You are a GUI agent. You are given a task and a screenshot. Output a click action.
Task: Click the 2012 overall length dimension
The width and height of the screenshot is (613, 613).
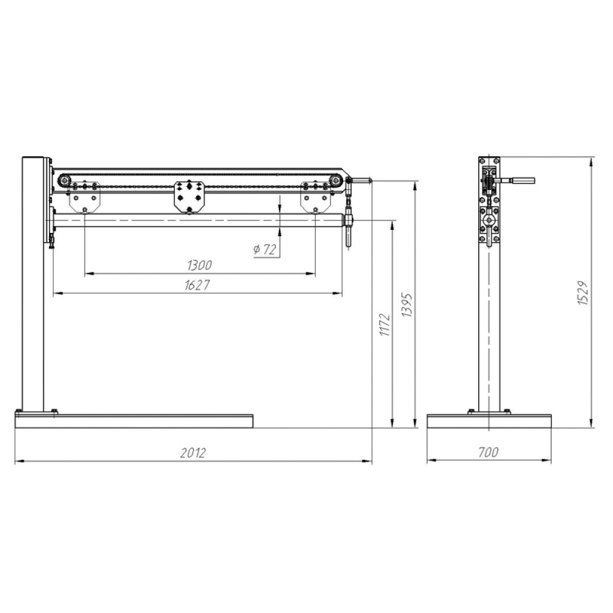pos(193,453)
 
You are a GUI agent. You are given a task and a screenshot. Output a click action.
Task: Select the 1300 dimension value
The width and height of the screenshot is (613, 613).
pos(199,265)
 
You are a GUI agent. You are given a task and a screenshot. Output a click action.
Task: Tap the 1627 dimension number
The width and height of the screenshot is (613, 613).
pos(197,285)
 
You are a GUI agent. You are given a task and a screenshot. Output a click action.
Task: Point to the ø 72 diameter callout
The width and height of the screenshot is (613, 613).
pos(265,249)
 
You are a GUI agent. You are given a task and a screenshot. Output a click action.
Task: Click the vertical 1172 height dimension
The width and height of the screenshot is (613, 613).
pos(385,324)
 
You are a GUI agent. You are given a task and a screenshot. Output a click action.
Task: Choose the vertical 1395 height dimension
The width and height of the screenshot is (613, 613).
pos(407,305)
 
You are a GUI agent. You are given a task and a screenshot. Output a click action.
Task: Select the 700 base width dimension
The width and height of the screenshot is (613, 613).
pos(489,452)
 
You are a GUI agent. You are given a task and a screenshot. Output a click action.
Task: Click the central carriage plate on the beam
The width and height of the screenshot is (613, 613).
pos(189,197)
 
